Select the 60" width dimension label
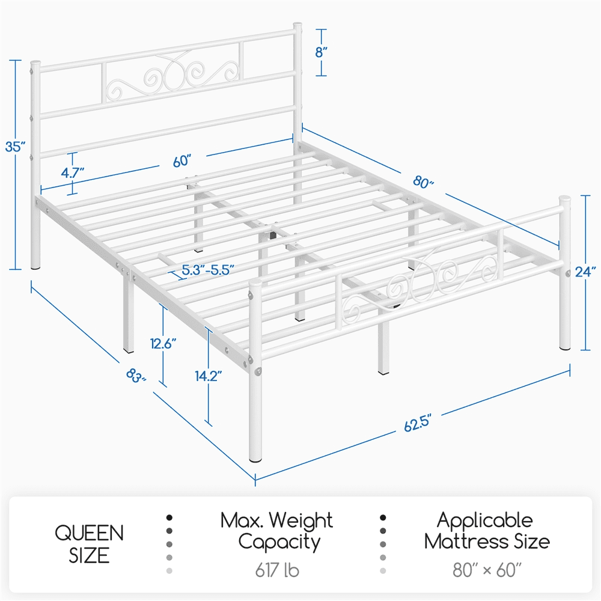point(181,160)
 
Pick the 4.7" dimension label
point(72,172)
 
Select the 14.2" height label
point(209,376)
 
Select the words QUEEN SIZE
point(90,543)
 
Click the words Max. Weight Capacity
point(276,531)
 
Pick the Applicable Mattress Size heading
point(486,531)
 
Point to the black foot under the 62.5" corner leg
point(256,460)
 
